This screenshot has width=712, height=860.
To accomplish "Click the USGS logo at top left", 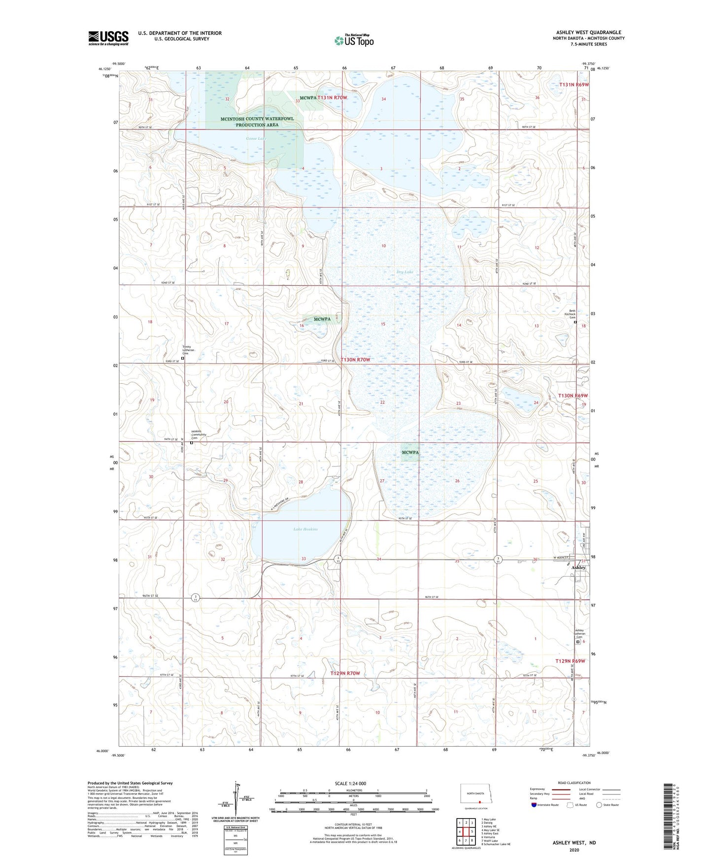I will point(108,38).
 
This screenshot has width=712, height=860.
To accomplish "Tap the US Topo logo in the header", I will point(354,40).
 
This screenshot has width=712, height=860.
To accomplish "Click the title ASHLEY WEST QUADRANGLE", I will point(588,33).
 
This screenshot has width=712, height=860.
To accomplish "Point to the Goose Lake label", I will point(256,139).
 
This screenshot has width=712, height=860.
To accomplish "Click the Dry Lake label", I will point(405,272).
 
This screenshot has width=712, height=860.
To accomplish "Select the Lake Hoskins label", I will point(305,529).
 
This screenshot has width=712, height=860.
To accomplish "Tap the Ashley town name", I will point(578,568).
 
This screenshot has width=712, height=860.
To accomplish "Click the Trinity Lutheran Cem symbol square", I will point(182,359).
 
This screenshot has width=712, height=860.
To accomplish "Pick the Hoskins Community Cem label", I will point(199,435).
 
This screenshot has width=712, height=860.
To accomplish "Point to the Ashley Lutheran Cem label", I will point(579,633).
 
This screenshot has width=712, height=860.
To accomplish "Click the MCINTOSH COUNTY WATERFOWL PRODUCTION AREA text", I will point(257,122).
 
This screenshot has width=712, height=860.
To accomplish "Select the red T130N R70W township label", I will point(355,360).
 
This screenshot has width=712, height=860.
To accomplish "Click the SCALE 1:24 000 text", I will point(350,784).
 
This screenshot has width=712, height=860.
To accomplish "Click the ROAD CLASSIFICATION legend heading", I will point(574,783).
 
